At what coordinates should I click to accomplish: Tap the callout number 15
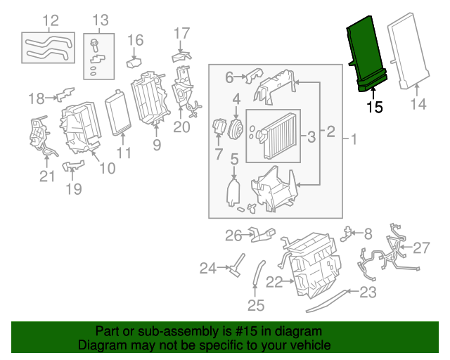375,108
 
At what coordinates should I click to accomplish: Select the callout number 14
418,105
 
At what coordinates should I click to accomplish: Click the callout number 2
330,131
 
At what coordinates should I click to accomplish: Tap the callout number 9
156,146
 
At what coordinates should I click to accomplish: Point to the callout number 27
420,247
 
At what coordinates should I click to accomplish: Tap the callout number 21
46,176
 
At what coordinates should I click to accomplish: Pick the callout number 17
181,32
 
